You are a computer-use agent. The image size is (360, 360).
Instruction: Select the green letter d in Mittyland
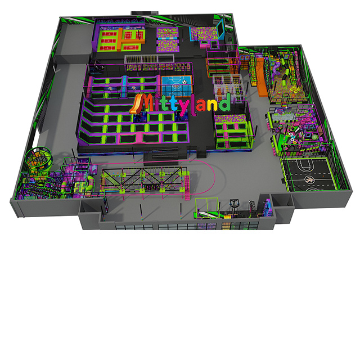coord(224,102)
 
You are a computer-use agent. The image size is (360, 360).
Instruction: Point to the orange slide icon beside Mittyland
coord(135,104)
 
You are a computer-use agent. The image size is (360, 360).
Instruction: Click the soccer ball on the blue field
coord(184,82)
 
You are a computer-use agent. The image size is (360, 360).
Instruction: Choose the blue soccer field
coord(176,85)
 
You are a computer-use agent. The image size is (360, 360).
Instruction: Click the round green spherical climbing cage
coord(39,159)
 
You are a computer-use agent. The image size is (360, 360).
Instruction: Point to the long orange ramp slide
coord(261,77)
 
